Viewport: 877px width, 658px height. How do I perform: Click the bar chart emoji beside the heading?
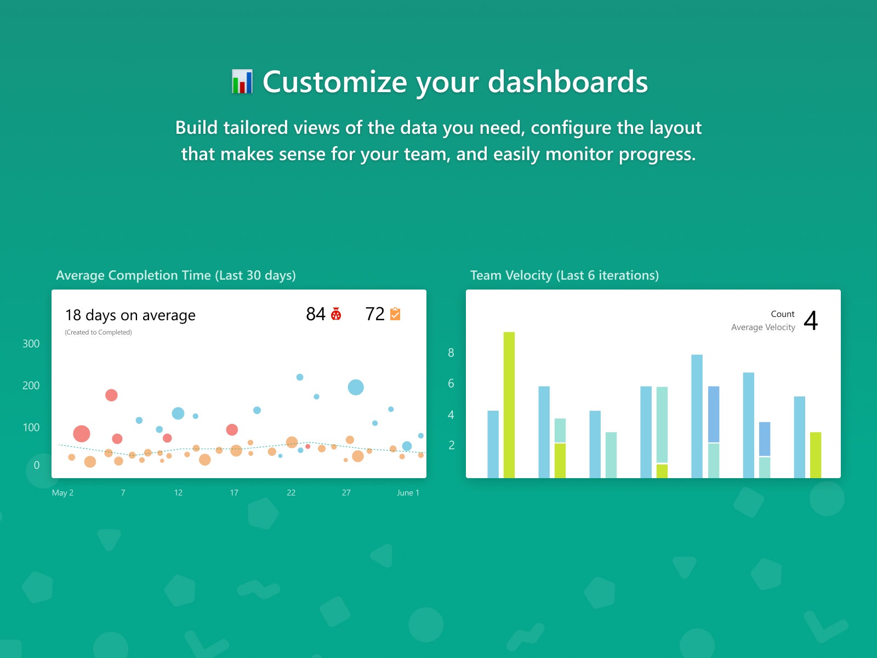tap(242, 82)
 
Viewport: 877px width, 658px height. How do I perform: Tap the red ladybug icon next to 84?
tap(336, 314)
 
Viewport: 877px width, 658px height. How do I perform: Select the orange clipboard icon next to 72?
tap(395, 314)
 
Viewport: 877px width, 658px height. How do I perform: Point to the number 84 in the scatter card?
tap(316, 314)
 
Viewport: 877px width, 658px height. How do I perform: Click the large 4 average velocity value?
tap(811, 320)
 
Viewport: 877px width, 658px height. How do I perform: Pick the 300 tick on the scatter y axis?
tap(31, 344)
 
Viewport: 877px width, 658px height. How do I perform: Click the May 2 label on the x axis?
tap(62, 492)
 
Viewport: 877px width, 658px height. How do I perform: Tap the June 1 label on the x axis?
tap(408, 492)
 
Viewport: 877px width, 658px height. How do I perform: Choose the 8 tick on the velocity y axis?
tap(451, 353)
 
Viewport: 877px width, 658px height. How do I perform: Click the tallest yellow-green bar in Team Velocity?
tap(509, 405)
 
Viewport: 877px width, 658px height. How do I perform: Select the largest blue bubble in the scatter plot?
tap(356, 387)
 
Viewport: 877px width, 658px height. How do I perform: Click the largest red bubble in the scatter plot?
tap(82, 434)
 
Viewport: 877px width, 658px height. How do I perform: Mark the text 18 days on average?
tap(130, 315)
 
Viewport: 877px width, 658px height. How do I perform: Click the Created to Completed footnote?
tap(98, 332)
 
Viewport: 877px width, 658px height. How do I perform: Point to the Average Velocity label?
tap(763, 327)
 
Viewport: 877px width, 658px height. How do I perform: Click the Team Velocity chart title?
tap(565, 275)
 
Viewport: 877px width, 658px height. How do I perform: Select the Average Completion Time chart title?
tap(176, 275)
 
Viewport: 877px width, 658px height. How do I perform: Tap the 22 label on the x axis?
tap(291, 492)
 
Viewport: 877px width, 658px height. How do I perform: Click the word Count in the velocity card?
tap(783, 314)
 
